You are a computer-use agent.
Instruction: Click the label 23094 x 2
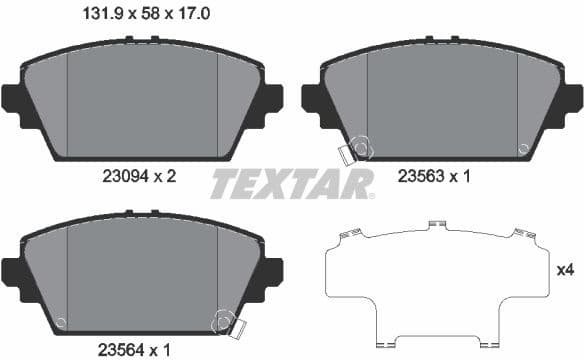tap(140, 177)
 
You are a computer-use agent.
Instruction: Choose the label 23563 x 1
tap(434, 177)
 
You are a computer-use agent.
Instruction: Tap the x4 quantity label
tap(564, 270)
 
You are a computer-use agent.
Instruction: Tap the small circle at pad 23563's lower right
tap(522, 149)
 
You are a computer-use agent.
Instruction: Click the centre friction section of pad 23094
tap(142, 100)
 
